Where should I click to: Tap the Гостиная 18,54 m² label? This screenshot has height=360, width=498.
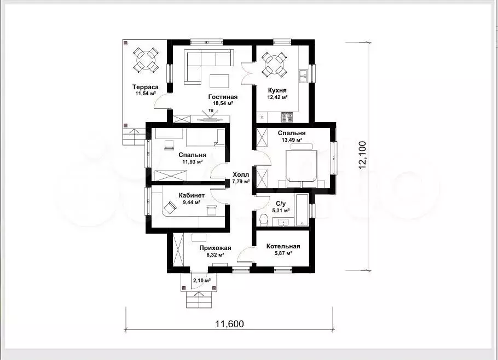point(223,100)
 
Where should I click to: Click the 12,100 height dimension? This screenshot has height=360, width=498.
point(362,155)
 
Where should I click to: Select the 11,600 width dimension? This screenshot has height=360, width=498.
point(230,324)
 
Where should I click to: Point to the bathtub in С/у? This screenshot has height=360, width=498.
point(302,210)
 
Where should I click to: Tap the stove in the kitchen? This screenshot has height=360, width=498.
point(287,118)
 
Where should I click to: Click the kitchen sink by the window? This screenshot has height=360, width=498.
point(303,76)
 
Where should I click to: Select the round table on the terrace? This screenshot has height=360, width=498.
point(146,60)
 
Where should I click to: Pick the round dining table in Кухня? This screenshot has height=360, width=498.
point(274,65)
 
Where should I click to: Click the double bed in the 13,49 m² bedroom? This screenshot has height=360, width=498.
point(301,166)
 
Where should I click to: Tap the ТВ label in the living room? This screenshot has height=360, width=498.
point(211,110)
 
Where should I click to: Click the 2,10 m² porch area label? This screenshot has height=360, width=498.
point(202,281)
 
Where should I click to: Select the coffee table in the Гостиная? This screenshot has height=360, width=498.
point(219,81)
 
